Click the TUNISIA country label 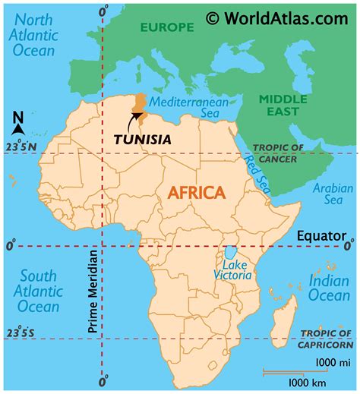[x=142, y=140]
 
